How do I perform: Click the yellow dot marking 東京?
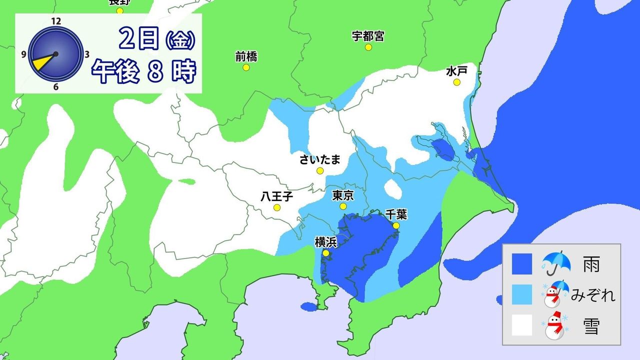(343, 206)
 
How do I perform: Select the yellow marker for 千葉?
(396, 226)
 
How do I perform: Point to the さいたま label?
(320, 159)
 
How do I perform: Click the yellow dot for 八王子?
(276, 207)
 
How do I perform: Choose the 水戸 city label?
(456, 71)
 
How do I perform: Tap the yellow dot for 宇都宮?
(368, 47)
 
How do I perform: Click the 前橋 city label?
(246, 57)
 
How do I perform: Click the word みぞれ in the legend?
(593, 296)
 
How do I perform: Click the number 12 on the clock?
(55, 21)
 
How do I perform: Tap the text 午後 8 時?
(143, 72)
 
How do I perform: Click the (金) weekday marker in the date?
(178, 40)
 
